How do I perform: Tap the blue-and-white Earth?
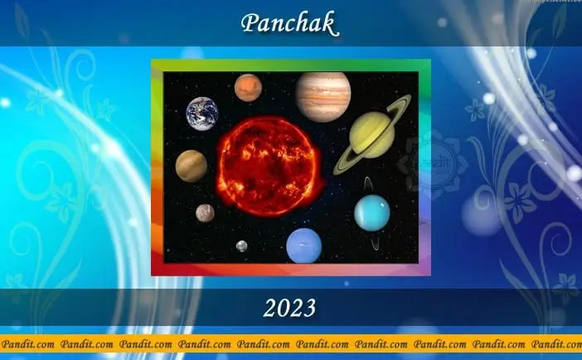tap(202, 112)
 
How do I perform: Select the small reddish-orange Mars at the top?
tap(248, 86)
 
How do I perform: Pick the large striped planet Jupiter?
tap(322, 96)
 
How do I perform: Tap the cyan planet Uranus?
tap(371, 212)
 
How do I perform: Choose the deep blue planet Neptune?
tap(303, 246)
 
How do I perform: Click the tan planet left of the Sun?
tap(192, 165)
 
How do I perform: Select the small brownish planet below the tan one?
tap(205, 213)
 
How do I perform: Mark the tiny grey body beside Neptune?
tap(241, 246)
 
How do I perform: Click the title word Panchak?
tap(289, 24)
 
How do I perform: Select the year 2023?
tap(289, 309)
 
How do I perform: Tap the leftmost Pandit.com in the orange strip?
tap(27, 343)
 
